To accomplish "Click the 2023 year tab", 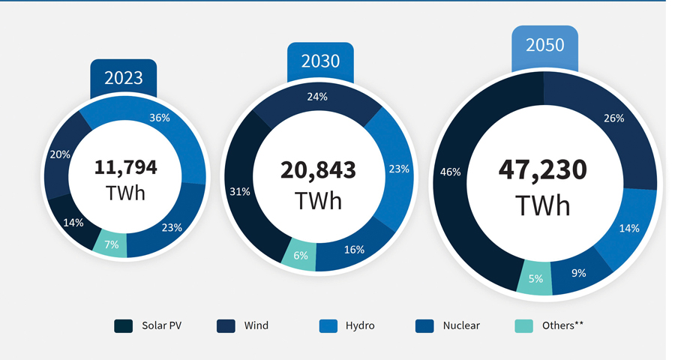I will tap(123, 78).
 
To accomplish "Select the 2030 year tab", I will tap(320, 61).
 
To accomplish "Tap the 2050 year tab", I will tap(544, 45).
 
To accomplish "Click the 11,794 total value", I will tap(126, 166).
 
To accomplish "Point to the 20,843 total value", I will tap(318, 170).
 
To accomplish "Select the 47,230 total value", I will tap(543, 169).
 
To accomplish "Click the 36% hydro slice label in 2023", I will tap(160, 118).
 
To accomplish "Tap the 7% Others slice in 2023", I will tap(111, 244).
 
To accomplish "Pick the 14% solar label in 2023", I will tap(73, 222).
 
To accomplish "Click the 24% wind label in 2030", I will tap(318, 97).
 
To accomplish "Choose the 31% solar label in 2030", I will tap(239, 192).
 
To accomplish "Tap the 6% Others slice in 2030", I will tap(300, 255).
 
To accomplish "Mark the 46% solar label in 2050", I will tap(450, 172).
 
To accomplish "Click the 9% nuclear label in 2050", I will tap(579, 273).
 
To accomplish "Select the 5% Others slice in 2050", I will tap(535, 280).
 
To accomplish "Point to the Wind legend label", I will tap(256, 325).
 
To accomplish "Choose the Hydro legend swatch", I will tap(328, 325).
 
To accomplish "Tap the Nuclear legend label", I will tap(461, 325).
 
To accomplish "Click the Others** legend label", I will tap(562, 325).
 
